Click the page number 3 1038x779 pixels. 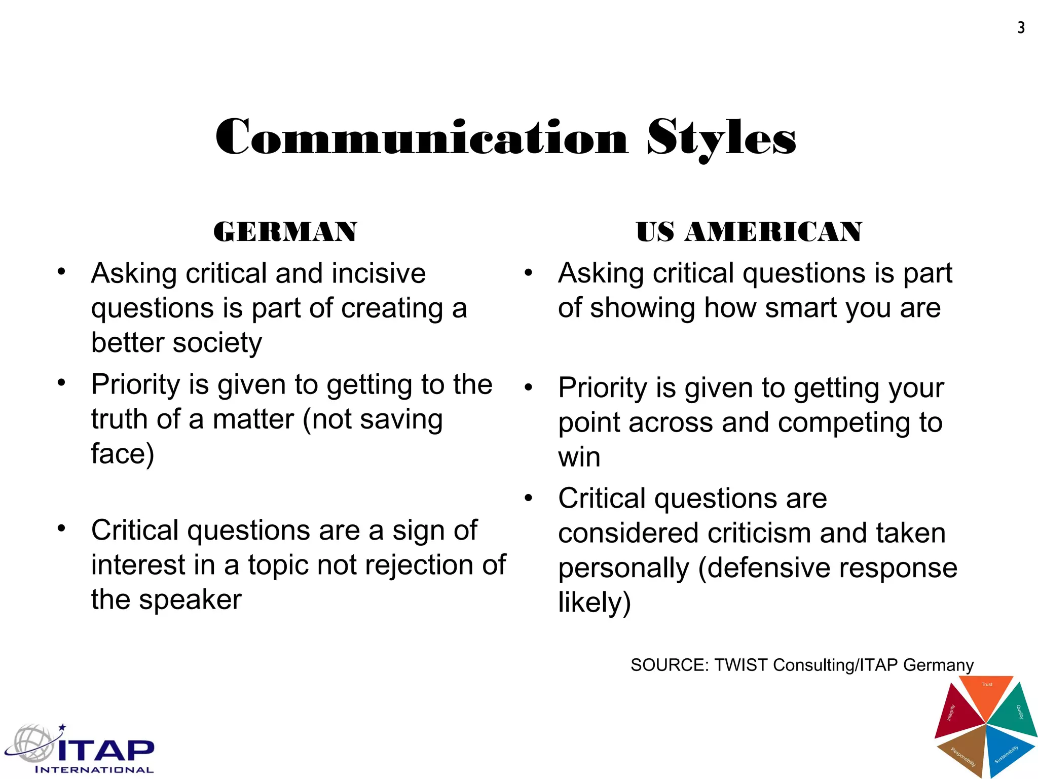(1021, 28)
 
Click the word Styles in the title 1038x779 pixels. (721, 138)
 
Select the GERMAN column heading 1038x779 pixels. (285, 232)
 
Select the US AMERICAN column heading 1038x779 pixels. (749, 232)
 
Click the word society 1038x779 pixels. (217, 343)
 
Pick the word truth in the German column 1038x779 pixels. (120, 419)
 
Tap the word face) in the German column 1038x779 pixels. (123, 454)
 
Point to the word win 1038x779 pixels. (579, 457)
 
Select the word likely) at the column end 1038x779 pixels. (595, 603)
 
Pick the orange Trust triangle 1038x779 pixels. (986, 692)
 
